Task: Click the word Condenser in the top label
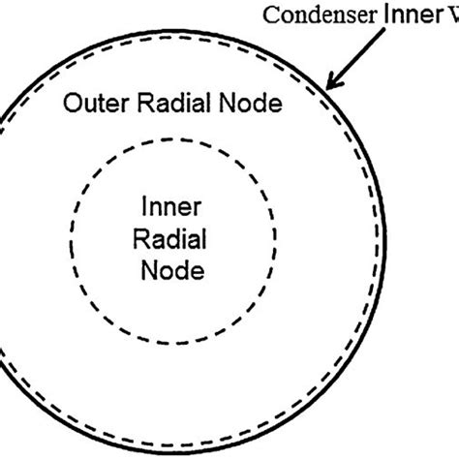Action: [312, 16]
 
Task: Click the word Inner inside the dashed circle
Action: [170, 207]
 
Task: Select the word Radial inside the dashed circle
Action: [171, 239]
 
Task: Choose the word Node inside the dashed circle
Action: [171, 271]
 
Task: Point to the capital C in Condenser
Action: [269, 16]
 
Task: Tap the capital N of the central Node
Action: [148, 271]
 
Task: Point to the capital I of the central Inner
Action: [145, 207]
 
